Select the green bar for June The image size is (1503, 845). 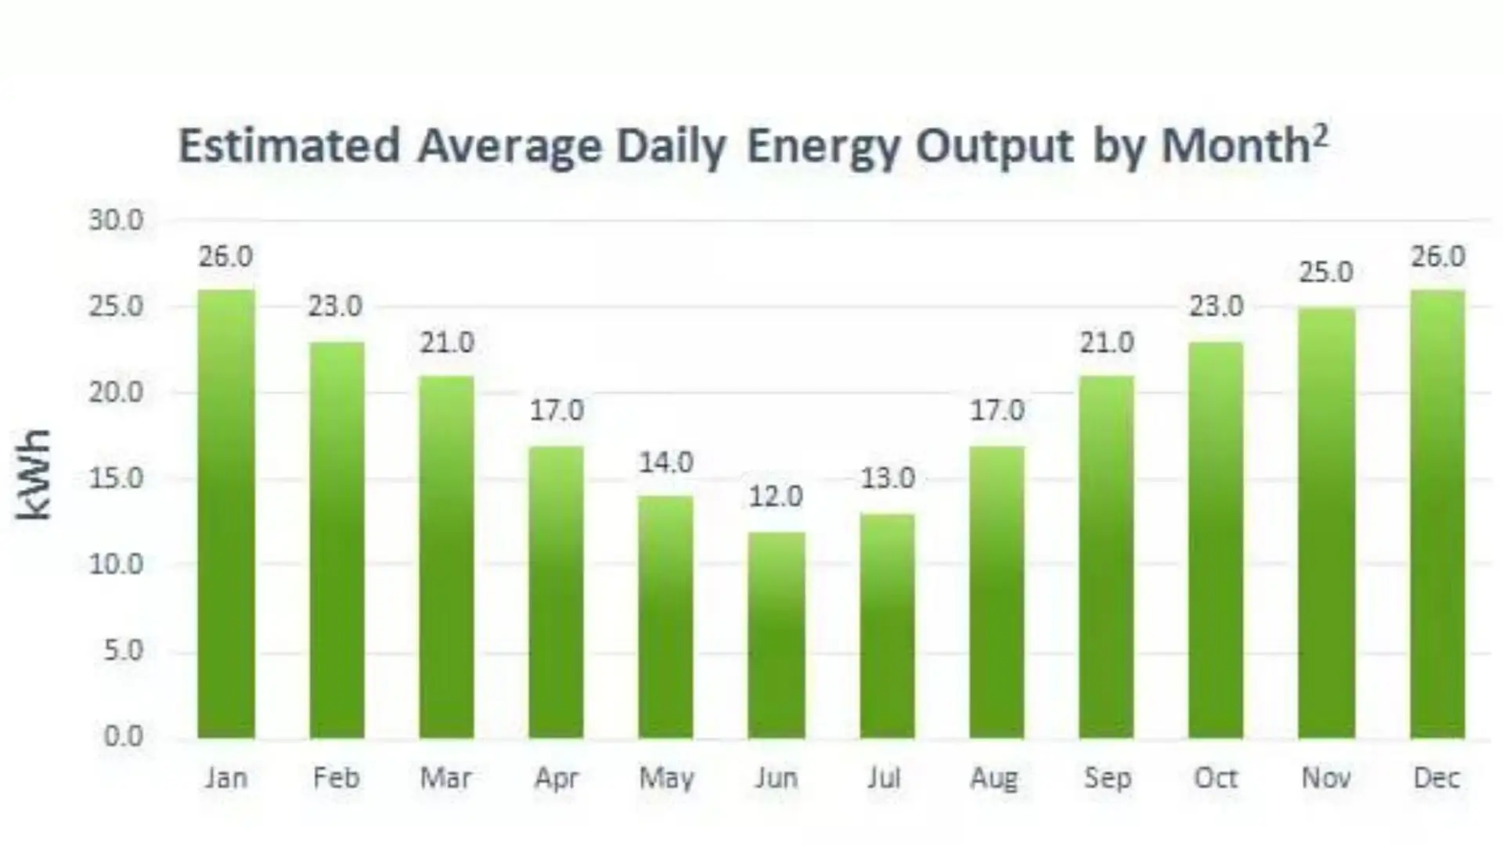tap(776, 635)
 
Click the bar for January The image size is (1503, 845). tap(225, 514)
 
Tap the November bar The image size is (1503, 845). tap(1326, 523)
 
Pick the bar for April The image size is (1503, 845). tap(556, 592)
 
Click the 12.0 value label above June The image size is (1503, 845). tap(776, 497)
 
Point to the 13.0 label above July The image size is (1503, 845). tap(888, 478)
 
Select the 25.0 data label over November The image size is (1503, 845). tap(1326, 272)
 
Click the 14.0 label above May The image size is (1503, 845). tap(666, 462)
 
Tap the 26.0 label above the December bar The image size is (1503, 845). tap(1437, 257)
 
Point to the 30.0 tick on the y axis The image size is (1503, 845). tap(116, 221)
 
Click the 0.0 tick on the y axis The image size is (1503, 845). tap(124, 736)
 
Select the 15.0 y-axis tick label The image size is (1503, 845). tap(116, 478)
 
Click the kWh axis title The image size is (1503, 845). tap(34, 474)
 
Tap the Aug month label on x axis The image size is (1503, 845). tap(994, 778)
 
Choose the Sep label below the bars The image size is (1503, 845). tap(1107, 778)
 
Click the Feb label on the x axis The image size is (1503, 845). tap(336, 778)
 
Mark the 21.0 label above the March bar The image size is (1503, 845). tap(447, 343)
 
